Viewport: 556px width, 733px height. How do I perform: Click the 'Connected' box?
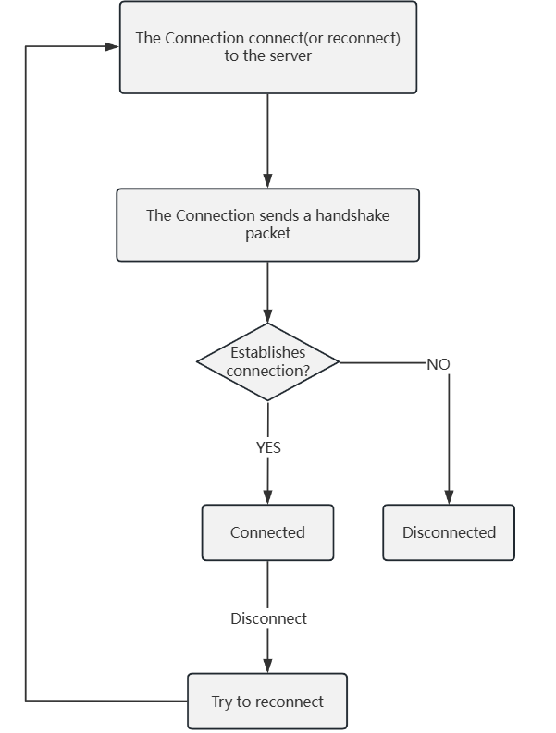pos(267,532)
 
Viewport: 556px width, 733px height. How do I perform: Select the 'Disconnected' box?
pos(449,532)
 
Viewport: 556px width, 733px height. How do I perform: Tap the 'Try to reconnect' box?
pos(267,702)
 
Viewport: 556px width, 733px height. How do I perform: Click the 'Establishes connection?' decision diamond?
pos(267,361)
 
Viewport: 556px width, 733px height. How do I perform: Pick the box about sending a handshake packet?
pos(267,225)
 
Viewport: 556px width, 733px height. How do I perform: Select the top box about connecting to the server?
pos(267,47)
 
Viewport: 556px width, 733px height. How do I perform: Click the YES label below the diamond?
pos(268,447)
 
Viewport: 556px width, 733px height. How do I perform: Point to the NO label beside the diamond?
pos(438,364)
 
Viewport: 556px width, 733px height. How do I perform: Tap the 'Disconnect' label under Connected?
pos(268,618)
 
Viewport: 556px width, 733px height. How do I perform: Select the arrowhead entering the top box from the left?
pos(112,46)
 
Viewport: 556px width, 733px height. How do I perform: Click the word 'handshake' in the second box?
pos(352,215)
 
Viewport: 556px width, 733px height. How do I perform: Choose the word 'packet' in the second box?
pos(267,233)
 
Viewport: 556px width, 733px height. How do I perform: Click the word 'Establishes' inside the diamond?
pos(267,352)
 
